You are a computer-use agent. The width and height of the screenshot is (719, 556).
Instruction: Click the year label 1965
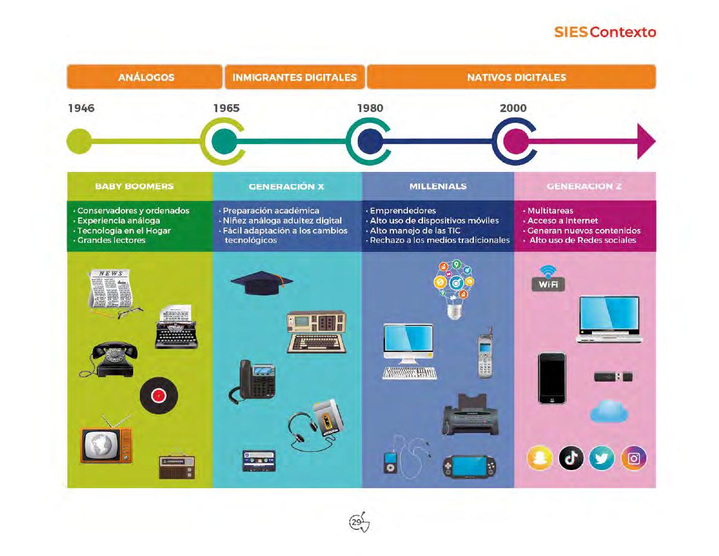[226, 108]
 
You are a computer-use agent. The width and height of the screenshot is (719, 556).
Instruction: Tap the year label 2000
[513, 108]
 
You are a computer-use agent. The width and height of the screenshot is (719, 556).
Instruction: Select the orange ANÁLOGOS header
[146, 77]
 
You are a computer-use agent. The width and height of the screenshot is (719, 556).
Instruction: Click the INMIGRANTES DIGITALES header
[295, 77]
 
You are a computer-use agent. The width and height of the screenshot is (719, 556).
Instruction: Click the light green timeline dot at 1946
[79, 142]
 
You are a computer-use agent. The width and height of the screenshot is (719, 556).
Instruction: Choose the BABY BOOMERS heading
[134, 186]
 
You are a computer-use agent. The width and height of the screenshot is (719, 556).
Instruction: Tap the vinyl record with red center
[159, 396]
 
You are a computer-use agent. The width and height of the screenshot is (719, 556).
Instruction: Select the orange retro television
[106, 445]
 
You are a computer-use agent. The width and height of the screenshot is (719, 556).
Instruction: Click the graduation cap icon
[261, 282]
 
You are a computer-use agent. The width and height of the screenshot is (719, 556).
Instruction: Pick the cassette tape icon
[259, 460]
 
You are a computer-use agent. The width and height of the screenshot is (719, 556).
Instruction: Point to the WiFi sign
[548, 278]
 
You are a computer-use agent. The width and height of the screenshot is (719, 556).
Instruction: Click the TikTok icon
[571, 458]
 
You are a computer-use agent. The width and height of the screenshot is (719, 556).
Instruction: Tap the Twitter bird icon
[602, 458]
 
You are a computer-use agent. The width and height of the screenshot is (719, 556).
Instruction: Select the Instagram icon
[633, 458]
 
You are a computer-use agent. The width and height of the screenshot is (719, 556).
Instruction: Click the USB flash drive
[613, 377]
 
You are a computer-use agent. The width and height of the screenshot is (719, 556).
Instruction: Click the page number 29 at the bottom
[358, 522]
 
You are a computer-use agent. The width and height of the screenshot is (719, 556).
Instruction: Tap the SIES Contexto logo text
[605, 32]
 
